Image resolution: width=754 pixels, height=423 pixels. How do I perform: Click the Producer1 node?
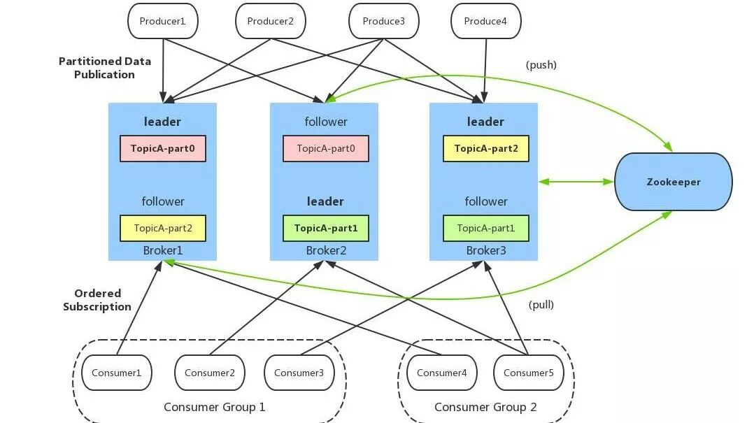click(x=162, y=21)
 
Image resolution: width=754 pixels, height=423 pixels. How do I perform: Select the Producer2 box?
click(x=270, y=21)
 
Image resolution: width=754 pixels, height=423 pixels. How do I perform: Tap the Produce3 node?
click(x=384, y=21)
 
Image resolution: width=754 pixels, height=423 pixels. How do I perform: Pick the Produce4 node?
click(x=485, y=21)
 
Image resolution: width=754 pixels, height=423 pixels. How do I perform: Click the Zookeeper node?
click(x=673, y=182)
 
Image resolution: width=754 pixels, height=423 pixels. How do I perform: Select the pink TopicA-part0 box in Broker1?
click(x=163, y=148)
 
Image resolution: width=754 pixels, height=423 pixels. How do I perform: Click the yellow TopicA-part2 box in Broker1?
click(x=163, y=229)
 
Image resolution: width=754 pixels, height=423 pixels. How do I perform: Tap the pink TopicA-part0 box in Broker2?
click(x=326, y=148)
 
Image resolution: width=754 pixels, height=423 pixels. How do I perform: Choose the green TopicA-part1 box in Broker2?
click(x=326, y=229)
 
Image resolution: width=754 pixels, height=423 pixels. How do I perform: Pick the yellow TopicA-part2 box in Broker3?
click(x=486, y=148)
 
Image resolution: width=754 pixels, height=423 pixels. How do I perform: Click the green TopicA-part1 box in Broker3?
click(x=486, y=229)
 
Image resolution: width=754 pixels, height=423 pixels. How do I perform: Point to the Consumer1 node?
click(x=117, y=373)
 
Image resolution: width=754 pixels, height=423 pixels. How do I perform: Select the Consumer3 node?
click(x=299, y=373)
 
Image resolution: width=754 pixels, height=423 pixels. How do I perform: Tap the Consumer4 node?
click(x=442, y=373)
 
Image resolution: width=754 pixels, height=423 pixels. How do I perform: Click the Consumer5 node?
click(x=529, y=373)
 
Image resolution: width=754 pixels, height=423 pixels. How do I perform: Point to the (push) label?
click(x=541, y=65)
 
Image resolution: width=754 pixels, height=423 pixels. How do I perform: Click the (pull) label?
click(x=541, y=305)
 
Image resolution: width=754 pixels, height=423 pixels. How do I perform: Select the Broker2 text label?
click(x=326, y=250)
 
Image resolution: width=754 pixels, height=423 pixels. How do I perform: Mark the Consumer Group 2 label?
click(x=485, y=407)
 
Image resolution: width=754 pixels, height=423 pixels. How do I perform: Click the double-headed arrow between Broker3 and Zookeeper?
click(x=576, y=182)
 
